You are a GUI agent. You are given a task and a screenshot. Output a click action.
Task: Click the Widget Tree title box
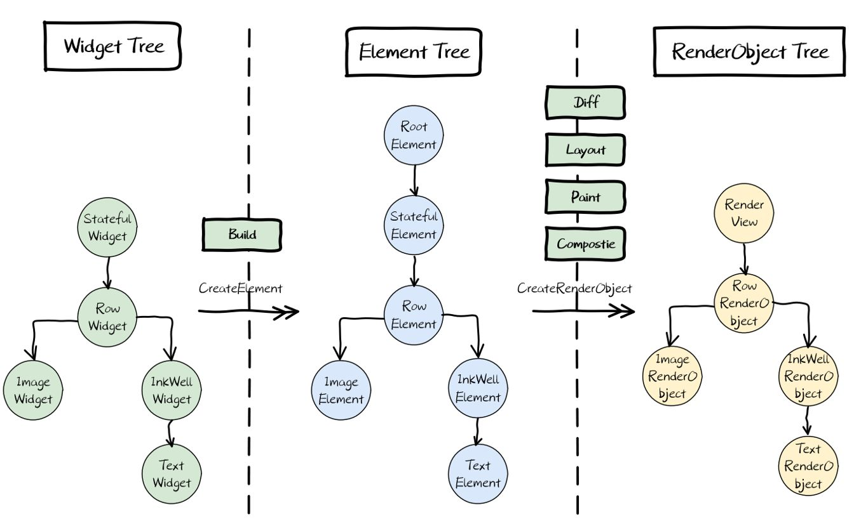point(113,46)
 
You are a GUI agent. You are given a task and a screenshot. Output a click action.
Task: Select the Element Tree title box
point(414,51)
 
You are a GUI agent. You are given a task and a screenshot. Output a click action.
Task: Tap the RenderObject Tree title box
point(750,51)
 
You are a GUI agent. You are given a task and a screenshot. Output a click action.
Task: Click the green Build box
point(242,234)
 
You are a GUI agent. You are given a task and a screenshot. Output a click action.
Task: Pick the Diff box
point(585,102)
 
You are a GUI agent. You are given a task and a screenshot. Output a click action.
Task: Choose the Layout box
point(585,150)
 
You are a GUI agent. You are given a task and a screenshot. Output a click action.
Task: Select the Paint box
point(585,197)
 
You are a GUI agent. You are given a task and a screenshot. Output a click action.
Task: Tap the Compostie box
point(585,244)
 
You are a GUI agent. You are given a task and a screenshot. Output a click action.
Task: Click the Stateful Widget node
point(107,227)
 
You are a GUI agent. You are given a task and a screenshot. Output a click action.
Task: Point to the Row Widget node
point(107,317)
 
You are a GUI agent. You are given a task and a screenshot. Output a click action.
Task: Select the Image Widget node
point(32,390)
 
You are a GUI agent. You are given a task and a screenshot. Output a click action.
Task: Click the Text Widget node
point(172,473)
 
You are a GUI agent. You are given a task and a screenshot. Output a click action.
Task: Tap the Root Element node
point(414,135)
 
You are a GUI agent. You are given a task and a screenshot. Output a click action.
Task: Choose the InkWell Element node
point(478,388)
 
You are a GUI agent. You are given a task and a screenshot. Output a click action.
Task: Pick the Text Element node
point(478,474)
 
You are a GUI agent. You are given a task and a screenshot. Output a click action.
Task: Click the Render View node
point(744,213)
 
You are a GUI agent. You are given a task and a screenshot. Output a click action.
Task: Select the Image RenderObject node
point(672,376)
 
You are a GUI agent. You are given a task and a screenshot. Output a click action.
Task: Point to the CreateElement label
point(240,288)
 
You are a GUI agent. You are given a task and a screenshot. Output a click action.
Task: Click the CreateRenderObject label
point(574,289)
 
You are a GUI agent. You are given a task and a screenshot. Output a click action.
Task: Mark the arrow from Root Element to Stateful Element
point(414,180)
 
